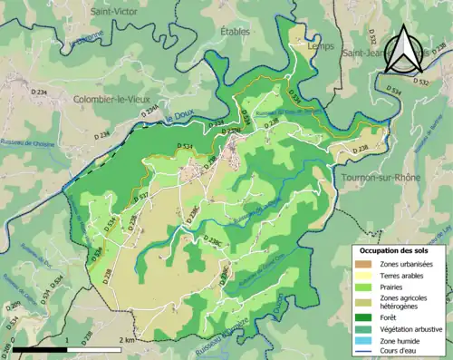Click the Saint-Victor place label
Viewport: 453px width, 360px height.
(114, 12)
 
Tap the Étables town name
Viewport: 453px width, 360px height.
(235, 32)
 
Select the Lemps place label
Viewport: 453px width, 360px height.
(320, 45)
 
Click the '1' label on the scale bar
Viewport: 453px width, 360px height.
(66, 339)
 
